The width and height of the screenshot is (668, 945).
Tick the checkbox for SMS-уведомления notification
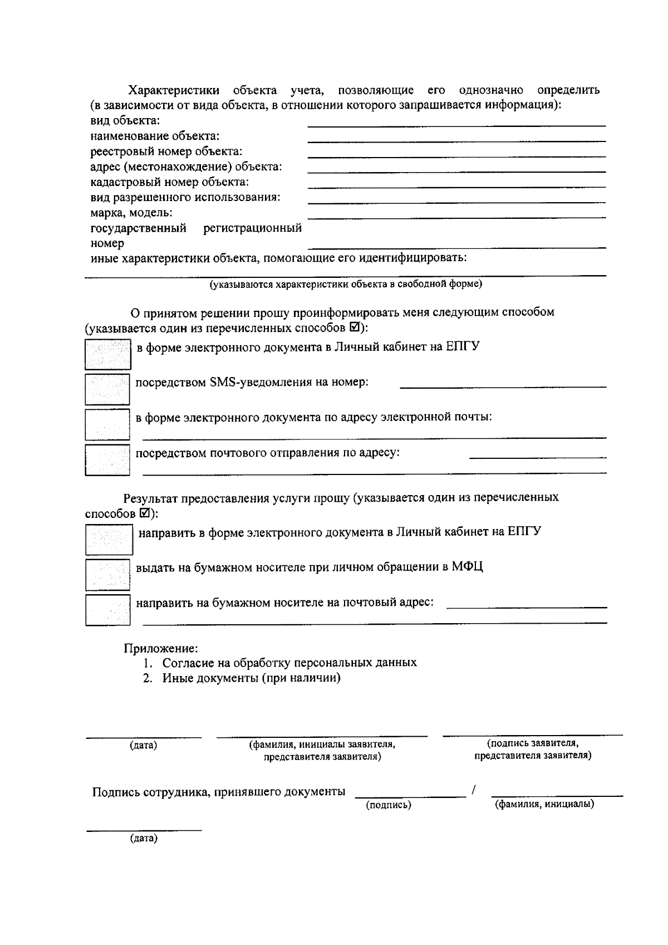(107, 389)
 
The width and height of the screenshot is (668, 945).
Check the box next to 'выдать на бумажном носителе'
(107, 575)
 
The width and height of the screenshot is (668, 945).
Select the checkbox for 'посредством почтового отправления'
(107, 459)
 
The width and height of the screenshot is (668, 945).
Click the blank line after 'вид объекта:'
(456, 124)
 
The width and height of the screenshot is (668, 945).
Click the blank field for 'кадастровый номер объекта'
(456, 184)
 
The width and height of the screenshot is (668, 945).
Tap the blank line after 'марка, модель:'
(456, 214)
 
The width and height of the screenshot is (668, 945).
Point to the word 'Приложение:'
(160, 648)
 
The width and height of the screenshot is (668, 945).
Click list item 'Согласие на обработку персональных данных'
(289, 663)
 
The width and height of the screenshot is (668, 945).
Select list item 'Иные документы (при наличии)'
(251, 678)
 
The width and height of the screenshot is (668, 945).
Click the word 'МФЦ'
(467, 567)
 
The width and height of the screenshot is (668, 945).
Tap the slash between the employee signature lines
(474, 790)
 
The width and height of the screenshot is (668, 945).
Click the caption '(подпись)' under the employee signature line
(388, 805)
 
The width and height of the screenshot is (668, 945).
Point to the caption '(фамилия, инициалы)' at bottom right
(544, 804)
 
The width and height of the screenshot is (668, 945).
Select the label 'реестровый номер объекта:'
(166, 151)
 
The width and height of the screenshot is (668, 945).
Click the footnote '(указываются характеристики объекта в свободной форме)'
(345, 285)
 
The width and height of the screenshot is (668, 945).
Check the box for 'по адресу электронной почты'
(107, 424)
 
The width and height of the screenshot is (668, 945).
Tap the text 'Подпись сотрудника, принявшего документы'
(218, 792)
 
